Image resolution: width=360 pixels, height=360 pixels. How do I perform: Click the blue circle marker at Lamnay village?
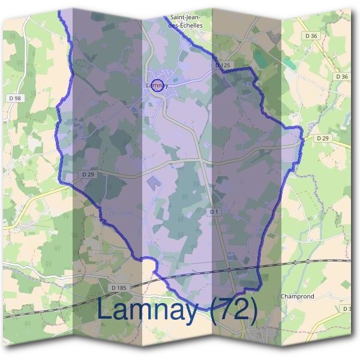[x=157, y=85]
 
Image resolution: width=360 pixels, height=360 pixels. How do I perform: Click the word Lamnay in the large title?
[x=148, y=310]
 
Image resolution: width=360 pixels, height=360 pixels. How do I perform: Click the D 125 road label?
[x=223, y=64]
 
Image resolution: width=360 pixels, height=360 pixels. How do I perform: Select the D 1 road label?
[x=215, y=212]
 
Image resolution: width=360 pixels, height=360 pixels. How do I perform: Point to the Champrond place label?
[x=298, y=296]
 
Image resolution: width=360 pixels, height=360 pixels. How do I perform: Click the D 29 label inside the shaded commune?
[x=88, y=175]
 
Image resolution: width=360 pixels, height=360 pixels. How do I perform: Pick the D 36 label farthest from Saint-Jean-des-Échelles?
[x=342, y=77]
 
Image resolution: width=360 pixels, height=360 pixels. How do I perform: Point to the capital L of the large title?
[x=103, y=310]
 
